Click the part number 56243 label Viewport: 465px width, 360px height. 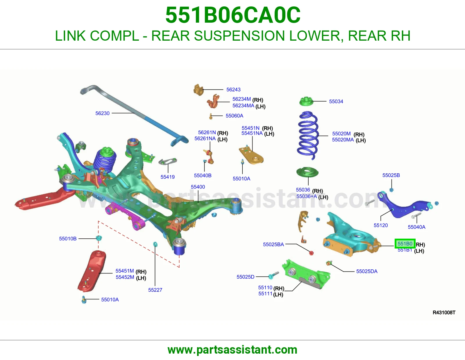(233, 90)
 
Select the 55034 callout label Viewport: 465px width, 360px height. (336, 101)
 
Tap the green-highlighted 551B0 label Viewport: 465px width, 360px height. (405, 244)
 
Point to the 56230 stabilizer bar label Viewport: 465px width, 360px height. (102, 113)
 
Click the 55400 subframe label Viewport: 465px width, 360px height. (198, 187)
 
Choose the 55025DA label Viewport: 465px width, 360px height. (367, 271)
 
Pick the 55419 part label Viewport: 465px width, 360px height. (168, 177)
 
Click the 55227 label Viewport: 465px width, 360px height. (155, 290)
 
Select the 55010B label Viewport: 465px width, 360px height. (68, 238)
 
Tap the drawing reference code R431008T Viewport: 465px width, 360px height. (444, 312)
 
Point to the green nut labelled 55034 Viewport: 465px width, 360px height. (306, 101)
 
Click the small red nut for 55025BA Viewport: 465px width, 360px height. (311, 253)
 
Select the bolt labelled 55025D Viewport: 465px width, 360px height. (274, 275)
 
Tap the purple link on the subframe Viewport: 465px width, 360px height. (125, 216)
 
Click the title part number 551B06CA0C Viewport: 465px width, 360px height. (233, 15)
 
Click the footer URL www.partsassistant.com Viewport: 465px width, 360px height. (233, 350)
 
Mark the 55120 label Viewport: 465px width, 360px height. (380, 225)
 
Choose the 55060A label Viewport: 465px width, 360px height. (234, 116)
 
